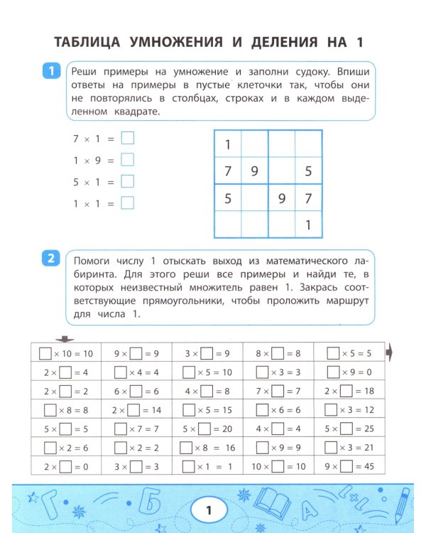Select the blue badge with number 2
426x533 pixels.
tap(50, 259)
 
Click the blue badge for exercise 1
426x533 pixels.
tap(50, 72)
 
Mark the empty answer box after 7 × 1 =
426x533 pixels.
tap(127, 139)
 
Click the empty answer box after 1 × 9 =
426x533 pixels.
tap(127, 160)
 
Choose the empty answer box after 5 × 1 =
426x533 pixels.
tap(127, 181)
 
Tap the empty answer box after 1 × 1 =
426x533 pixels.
tap(127, 203)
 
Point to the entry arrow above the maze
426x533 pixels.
tap(65, 339)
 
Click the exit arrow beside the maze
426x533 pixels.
tap(390, 353)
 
